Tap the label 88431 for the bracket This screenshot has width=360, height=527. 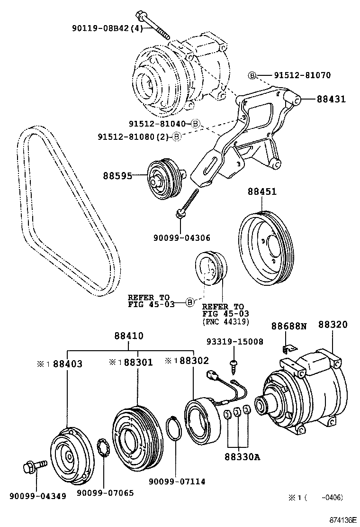coord(331,99)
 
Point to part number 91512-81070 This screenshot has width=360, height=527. coord(302,75)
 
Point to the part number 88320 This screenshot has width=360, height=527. coord(333,325)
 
